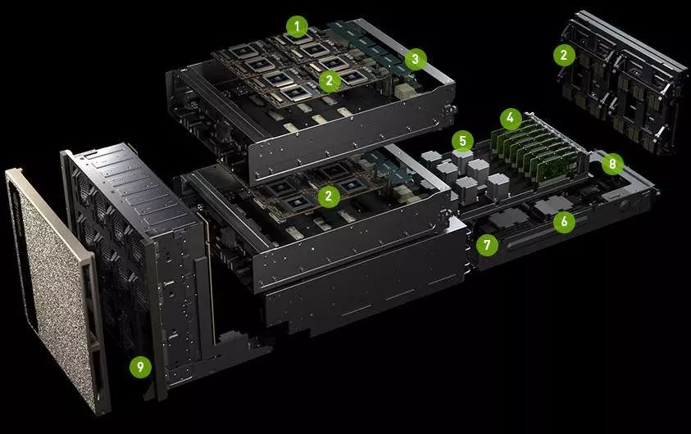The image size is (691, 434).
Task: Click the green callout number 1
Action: coord(297,27)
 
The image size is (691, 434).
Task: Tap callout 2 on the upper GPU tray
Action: coord(330,80)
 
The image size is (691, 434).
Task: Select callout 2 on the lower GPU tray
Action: coord(329,196)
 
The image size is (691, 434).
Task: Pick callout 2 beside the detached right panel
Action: coord(565,55)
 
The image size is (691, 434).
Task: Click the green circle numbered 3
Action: coord(415,59)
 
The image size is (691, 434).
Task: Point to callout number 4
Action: coord(511,119)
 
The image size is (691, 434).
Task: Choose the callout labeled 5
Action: coord(462,142)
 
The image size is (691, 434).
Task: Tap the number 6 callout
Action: coord(565,221)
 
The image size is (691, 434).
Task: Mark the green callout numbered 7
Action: coord(487,244)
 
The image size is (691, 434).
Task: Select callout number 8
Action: coord(612,164)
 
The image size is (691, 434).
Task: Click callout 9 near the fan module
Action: coord(141,367)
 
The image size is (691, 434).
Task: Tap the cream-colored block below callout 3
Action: coord(405,92)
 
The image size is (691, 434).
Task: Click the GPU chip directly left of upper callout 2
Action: coord(279,79)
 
